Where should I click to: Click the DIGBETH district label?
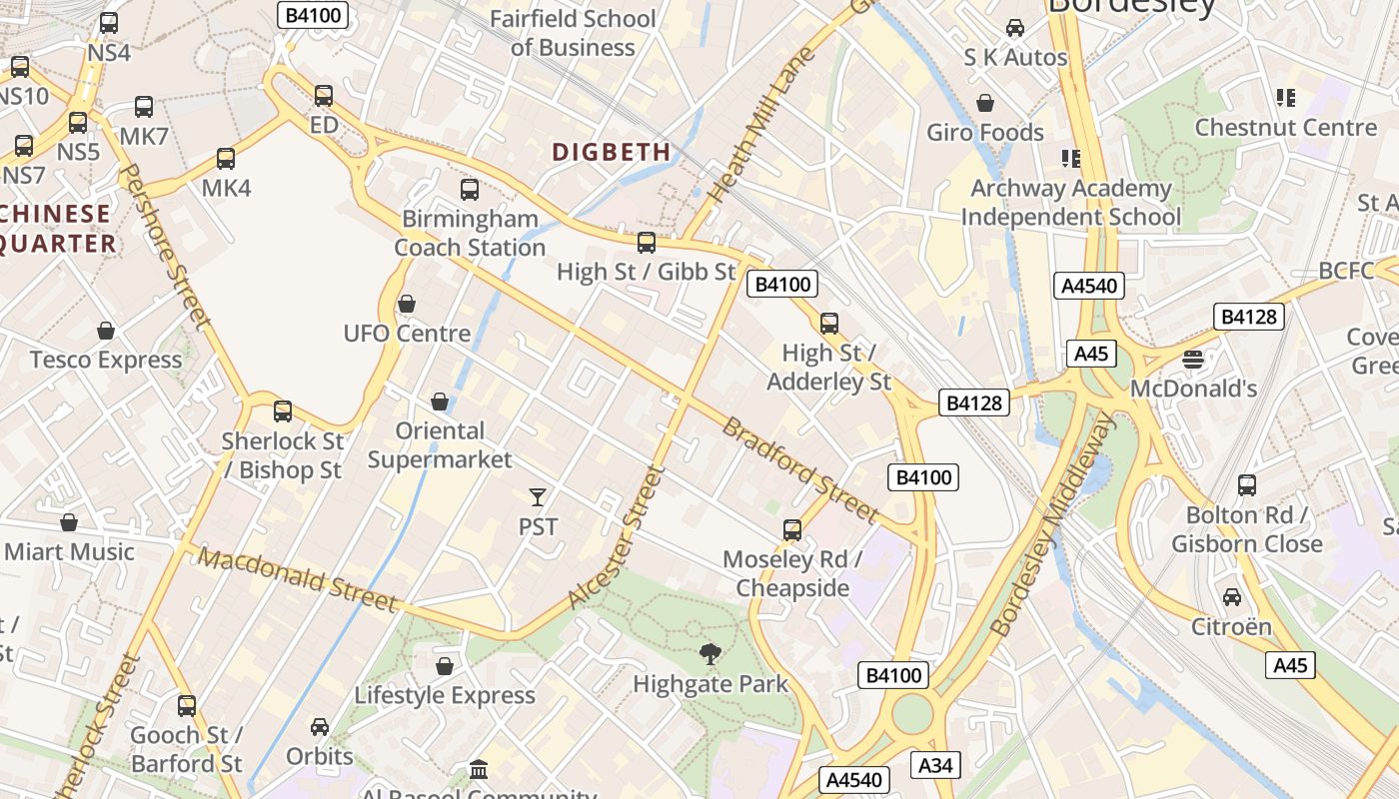click(611, 152)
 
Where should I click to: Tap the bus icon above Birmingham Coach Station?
click(470, 190)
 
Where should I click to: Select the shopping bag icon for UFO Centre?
click(407, 304)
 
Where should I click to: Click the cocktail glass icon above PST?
click(538, 496)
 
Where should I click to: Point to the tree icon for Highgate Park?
click(710, 655)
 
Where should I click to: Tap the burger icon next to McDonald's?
click(1193, 359)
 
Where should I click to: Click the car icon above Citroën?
click(1232, 597)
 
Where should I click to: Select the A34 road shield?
click(935, 765)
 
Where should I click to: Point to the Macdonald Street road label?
click(297, 578)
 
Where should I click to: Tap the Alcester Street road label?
click(616, 536)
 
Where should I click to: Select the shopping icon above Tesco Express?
click(106, 331)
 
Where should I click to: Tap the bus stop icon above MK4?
click(226, 159)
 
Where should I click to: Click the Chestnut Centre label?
click(1285, 127)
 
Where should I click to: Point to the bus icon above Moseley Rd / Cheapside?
click(792, 530)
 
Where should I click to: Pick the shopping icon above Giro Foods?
click(985, 103)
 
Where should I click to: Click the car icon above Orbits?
click(320, 726)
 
